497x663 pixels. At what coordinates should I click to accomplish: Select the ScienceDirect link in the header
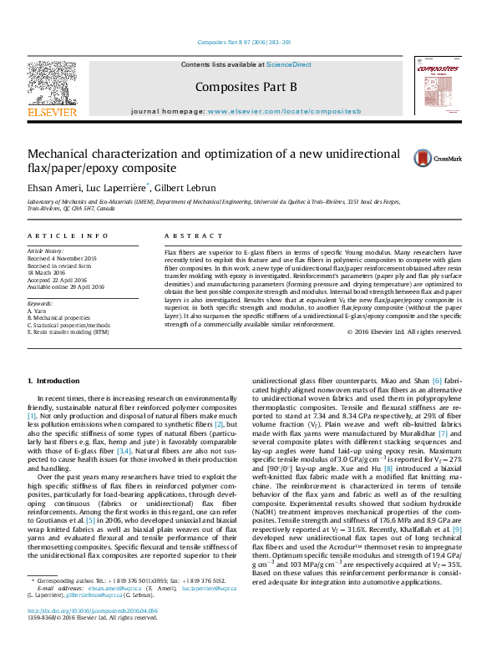[x=289, y=64]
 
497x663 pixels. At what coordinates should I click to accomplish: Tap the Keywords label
[x=41, y=304]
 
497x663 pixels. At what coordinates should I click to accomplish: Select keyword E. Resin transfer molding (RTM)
[x=68, y=331]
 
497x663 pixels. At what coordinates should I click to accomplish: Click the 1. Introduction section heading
[x=53, y=382]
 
